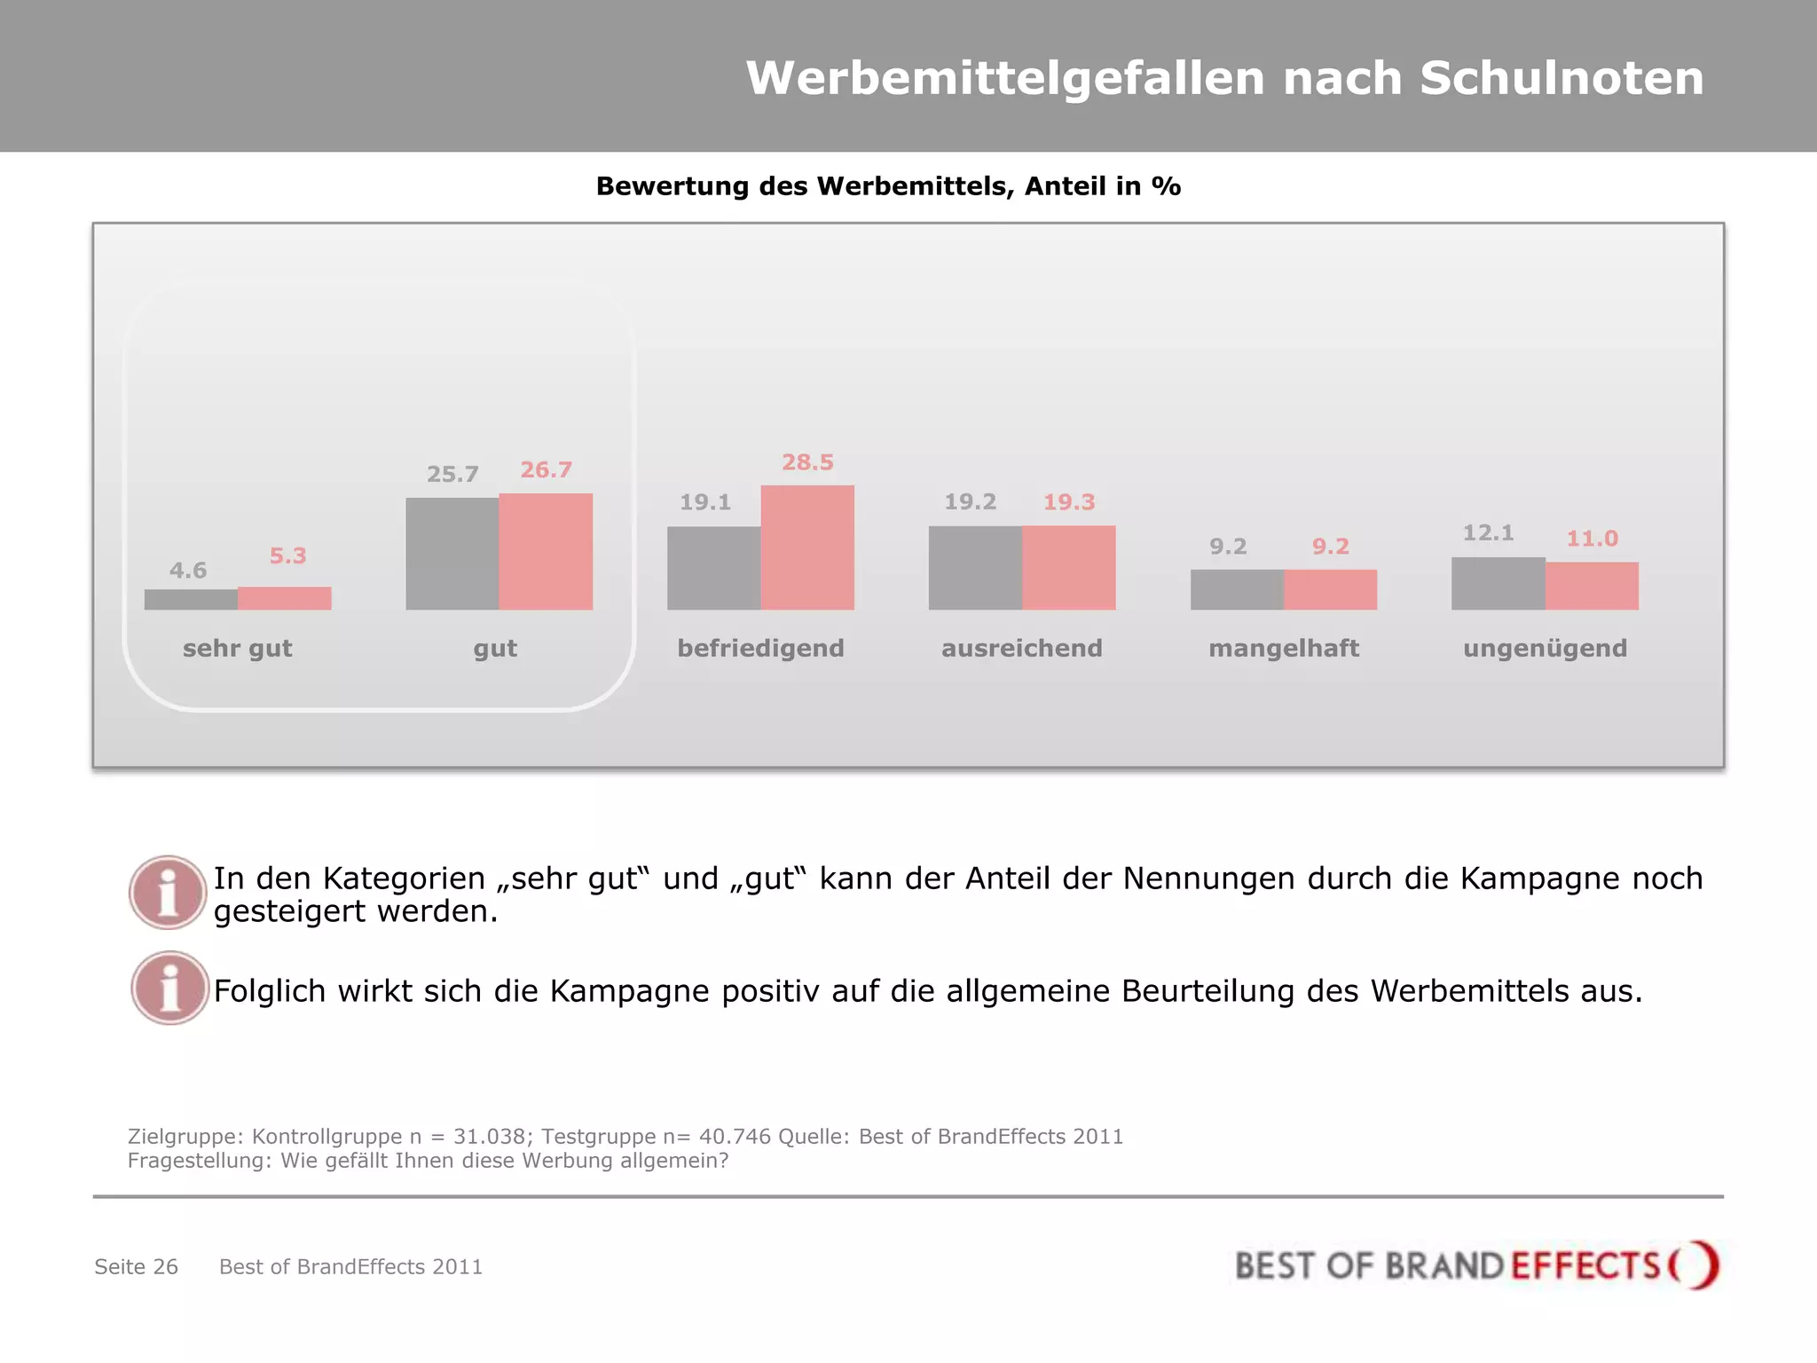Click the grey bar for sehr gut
[x=191, y=599]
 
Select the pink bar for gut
[x=546, y=551]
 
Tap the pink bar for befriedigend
[x=807, y=547]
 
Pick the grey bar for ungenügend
[x=1498, y=583]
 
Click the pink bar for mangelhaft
[x=1330, y=589]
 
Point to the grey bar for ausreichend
[x=975, y=567]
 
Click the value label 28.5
[x=807, y=462]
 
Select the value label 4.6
[x=188, y=571]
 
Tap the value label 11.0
[x=1592, y=539]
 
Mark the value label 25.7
[x=452, y=475]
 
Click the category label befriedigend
[x=760, y=649]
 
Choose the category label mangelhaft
[x=1283, y=649]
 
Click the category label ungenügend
[x=1545, y=649]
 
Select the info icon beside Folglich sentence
[x=169, y=988]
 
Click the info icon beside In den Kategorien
[x=168, y=893]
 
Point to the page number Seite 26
[x=136, y=1266]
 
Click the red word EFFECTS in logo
[x=1585, y=1265]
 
